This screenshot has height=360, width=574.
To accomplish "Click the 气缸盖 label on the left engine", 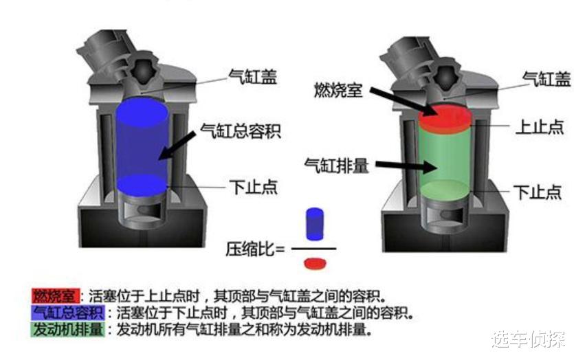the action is (253, 77).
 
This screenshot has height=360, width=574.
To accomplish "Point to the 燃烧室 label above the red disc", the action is (338, 90).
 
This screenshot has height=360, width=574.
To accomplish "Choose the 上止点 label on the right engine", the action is (540, 128).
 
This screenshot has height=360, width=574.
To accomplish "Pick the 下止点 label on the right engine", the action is (540, 192).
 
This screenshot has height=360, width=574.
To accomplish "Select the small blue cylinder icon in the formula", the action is (314, 224).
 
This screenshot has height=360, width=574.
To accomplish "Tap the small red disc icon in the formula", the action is (314, 263).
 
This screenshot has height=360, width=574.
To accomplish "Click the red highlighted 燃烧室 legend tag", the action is (56, 296).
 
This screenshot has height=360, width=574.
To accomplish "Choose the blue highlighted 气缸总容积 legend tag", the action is (67, 313).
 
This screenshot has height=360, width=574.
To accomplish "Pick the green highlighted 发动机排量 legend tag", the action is (67, 330).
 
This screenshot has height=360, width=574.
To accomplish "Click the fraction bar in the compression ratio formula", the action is (314, 247).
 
